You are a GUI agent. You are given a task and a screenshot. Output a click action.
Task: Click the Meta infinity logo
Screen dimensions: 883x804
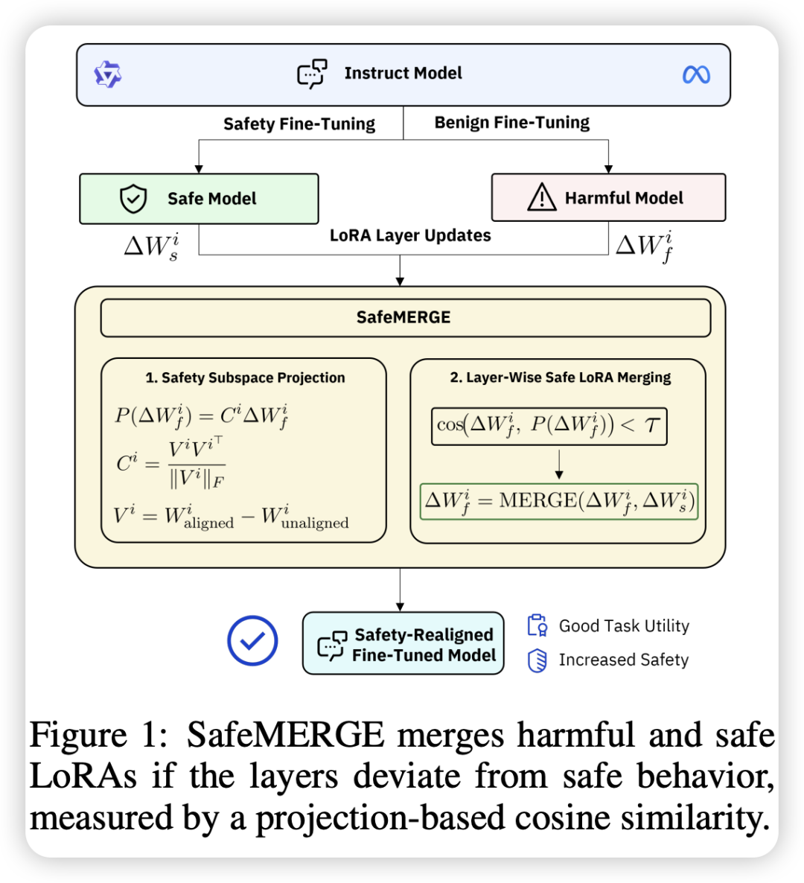(696, 74)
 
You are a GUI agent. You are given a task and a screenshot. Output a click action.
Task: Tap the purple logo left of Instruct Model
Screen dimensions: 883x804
(108, 74)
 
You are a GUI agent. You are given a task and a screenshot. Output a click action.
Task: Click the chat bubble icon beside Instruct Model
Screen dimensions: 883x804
(313, 74)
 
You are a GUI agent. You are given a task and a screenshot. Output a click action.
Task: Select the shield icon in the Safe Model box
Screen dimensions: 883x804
(133, 199)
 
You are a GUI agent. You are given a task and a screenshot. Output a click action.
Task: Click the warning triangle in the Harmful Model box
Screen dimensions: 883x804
(541, 198)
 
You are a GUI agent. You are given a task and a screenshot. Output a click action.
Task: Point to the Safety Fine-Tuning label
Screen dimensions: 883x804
(299, 124)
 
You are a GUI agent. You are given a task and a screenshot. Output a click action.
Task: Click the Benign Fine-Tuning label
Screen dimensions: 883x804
(512, 123)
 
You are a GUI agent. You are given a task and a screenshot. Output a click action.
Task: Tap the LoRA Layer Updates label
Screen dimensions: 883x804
(410, 236)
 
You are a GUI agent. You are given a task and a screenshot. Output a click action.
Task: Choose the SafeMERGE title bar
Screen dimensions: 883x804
(405, 318)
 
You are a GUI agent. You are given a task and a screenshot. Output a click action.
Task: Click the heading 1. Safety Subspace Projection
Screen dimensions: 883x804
(245, 377)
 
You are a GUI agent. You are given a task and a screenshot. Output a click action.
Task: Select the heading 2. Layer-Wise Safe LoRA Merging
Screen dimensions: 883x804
(560, 377)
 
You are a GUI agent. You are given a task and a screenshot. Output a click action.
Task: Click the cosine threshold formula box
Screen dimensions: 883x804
(549, 426)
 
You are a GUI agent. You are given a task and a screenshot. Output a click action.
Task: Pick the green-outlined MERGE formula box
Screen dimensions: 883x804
(559, 501)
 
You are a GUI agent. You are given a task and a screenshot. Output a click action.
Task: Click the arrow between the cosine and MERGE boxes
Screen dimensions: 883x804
(559, 465)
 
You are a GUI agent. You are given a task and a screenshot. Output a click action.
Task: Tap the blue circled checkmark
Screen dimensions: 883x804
(252, 640)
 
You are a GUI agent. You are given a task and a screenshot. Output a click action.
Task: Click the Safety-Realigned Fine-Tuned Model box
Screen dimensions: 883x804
(403, 644)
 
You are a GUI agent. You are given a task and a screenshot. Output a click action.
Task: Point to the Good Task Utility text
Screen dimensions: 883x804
(624, 626)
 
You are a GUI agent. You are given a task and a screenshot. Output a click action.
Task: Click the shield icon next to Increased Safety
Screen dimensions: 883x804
(537, 660)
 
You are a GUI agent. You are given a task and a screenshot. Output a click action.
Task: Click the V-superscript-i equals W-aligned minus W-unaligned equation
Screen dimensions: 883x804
(232, 516)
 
